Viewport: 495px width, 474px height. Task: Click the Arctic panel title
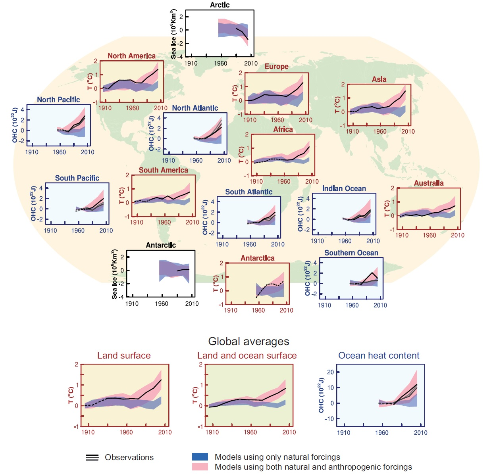pos(220,5)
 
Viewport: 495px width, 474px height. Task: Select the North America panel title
pos(131,56)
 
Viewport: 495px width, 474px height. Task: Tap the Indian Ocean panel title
pos(344,188)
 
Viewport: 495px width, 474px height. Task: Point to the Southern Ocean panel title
pos(351,253)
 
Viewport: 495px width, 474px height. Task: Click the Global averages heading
pos(248,342)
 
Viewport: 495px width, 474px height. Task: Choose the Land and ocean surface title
pos(247,355)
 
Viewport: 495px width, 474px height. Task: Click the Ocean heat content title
pos(379,355)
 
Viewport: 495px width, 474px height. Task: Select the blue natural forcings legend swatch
pos(200,457)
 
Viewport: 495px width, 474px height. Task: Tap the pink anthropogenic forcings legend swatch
pos(200,467)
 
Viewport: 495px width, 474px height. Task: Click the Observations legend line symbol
pos(92,457)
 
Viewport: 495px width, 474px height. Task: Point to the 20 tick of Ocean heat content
pos(330,372)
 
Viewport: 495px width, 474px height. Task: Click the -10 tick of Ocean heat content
pos(329,419)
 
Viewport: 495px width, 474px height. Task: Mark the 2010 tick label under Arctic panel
pos(250,63)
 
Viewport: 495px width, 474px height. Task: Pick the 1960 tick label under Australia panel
pos(429,235)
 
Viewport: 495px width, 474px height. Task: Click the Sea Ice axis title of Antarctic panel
pos(115,274)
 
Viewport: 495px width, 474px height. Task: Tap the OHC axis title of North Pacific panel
pos(15,125)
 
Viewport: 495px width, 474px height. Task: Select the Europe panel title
pos(276,67)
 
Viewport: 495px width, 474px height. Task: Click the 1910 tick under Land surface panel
pos(88,432)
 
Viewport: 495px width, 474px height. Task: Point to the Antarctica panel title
pos(257,258)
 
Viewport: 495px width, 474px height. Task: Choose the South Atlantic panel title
pos(248,192)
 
